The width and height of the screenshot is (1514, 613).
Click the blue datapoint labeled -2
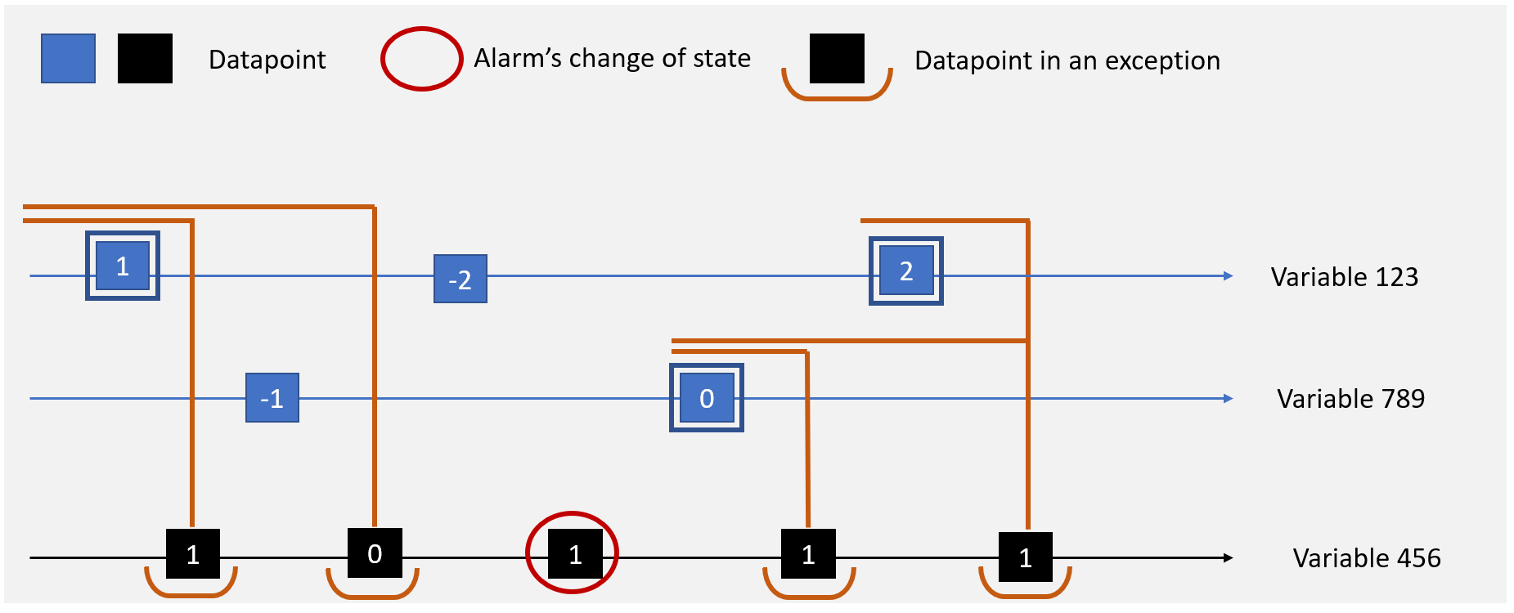tap(460, 279)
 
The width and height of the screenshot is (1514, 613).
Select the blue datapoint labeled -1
tap(272, 398)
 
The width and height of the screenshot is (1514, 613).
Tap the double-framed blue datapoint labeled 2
tap(905, 271)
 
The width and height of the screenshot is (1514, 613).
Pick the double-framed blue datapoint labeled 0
tap(707, 398)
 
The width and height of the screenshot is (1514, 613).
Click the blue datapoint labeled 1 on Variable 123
tap(123, 266)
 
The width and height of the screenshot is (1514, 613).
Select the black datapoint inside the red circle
tap(575, 554)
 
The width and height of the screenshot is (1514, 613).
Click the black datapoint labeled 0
tap(375, 553)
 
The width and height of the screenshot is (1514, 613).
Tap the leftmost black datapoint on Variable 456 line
tap(193, 554)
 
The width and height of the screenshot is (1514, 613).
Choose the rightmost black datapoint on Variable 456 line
tap(1026, 557)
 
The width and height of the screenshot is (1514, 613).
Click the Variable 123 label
tap(1344, 277)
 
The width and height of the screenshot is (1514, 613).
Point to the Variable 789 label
tap(1350, 399)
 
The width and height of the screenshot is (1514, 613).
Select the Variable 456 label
tap(1366, 558)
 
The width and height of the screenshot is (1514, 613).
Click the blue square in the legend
tap(69, 59)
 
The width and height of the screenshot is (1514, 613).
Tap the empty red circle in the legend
tap(422, 59)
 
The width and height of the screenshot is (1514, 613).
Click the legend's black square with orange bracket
tap(837, 59)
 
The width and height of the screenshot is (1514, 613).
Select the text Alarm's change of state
tap(612, 59)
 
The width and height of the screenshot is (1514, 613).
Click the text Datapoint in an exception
tap(1067, 60)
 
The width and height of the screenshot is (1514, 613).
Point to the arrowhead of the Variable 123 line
tap(1228, 276)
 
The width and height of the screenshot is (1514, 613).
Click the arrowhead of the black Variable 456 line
tap(1228, 557)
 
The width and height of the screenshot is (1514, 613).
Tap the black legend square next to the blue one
tap(145, 59)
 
